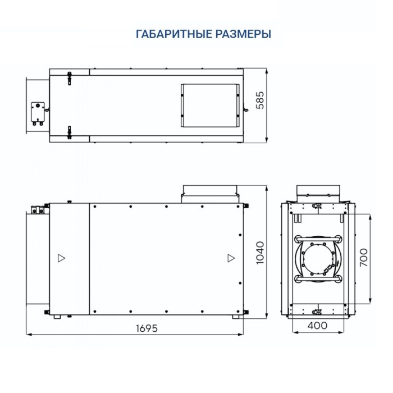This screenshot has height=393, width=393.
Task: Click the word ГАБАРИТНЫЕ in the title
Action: coord(172,34)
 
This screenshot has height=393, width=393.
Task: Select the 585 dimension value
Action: coord(259,106)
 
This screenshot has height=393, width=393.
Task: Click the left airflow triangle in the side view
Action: coord(61,258)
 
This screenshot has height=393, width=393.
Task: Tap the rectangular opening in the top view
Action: coord(210,105)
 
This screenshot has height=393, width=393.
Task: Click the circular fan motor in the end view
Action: coord(318,259)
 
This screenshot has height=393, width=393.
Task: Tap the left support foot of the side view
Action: coord(56,317)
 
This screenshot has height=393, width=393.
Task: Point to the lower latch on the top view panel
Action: coord(69,132)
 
